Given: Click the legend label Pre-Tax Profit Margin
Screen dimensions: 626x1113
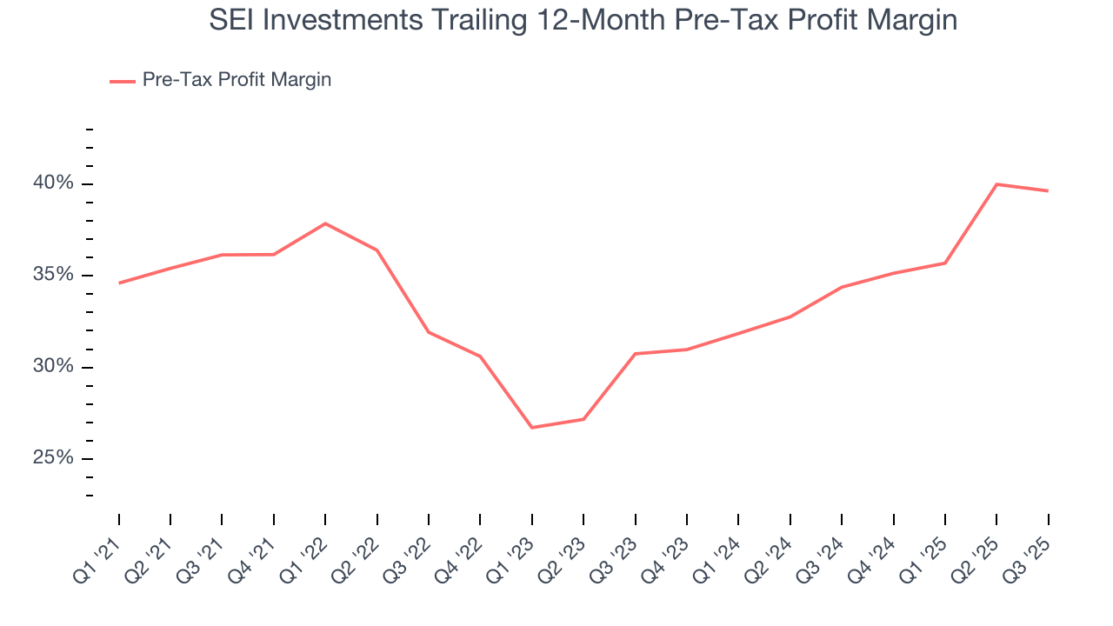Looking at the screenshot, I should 237,80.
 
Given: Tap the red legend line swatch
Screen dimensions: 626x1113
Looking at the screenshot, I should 122,81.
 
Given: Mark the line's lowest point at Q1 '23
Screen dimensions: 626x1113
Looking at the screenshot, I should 532,428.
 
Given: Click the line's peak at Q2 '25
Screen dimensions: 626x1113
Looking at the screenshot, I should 996,184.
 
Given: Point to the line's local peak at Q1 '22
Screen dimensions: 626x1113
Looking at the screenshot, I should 325,223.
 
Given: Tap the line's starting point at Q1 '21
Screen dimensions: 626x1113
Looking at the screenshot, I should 119,283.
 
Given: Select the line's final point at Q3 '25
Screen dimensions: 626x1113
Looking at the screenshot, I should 1048,190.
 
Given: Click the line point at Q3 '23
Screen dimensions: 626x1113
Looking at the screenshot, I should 636,354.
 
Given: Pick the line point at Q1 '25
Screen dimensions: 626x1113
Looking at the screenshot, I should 945,263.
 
